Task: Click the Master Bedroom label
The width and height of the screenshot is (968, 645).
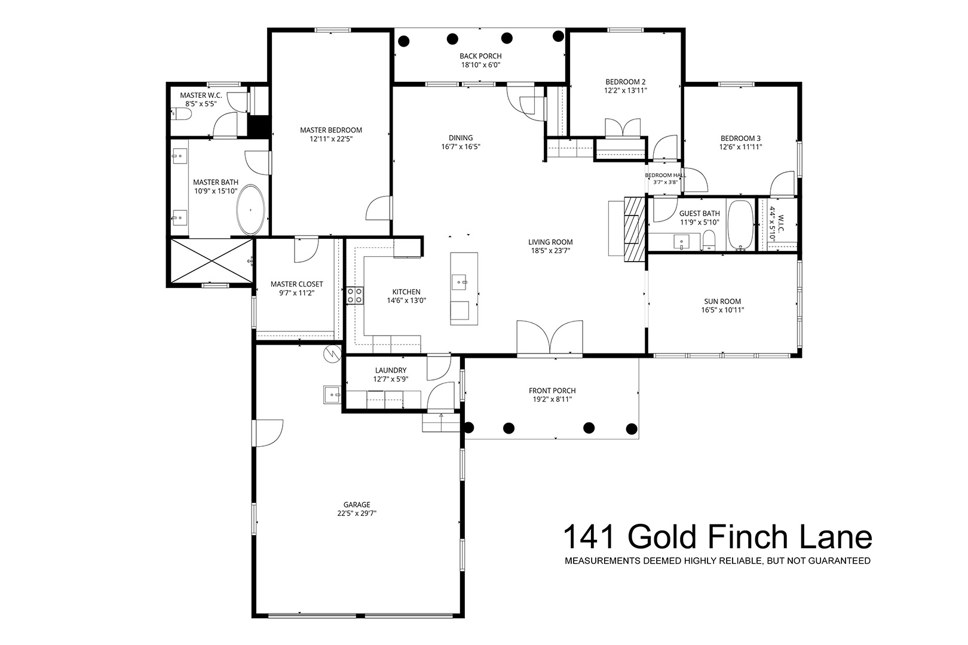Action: click(331, 130)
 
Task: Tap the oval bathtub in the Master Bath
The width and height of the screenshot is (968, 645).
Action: click(250, 210)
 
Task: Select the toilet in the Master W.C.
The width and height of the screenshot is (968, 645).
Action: click(182, 114)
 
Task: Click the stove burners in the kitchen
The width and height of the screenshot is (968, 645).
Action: click(355, 296)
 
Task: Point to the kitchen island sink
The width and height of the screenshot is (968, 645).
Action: click(459, 282)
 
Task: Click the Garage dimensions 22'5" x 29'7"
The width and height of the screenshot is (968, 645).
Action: click(357, 514)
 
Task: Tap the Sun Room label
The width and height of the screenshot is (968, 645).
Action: click(722, 302)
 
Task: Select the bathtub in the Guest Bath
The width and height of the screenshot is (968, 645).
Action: click(741, 225)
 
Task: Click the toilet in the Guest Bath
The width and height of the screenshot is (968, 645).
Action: click(709, 241)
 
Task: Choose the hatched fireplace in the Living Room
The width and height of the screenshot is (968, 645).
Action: click(635, 229)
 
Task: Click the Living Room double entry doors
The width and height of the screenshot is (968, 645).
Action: click(550, 339)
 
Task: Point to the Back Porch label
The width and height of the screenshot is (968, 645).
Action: click(480, 56)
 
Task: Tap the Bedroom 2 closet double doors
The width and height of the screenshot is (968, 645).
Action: click(622, 128)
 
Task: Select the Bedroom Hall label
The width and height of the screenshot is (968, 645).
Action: click(666, 176)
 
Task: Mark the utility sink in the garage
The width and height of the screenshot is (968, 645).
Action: click(332, 395)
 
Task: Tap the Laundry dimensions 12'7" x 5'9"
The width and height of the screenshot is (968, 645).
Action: click(391, 379)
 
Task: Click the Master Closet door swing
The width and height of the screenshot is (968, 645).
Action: click(306, 250)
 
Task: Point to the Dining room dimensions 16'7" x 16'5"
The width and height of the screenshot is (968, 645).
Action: click(461, 147)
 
